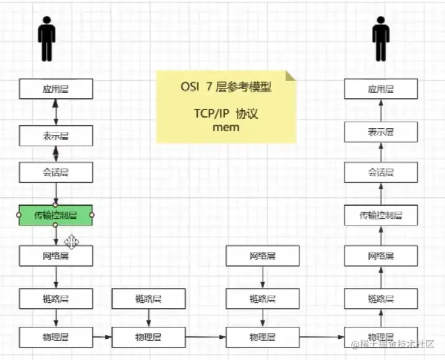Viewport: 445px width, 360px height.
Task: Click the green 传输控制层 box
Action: [x=55, y=215]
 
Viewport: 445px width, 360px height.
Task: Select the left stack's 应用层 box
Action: [x=55, y=89]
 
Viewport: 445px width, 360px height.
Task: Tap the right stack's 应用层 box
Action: [x=381, y=89]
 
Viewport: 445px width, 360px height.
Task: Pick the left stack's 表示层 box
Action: [x=55, y=136]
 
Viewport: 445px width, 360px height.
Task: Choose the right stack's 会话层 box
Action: [x=381, y=173]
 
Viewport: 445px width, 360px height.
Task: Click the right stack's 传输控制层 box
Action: [x=381, y=215]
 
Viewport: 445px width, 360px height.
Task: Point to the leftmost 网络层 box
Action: [x=55, y=256]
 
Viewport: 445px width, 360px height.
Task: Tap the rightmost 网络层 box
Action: [x=381, y=256]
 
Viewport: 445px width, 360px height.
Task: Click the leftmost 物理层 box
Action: [x=55, y=337]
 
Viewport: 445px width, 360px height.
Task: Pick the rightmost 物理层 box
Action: [x=381, y=337]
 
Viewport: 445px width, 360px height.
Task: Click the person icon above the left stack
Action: [x=46, y=39]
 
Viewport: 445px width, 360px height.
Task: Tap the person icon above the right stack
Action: [x=380, y=39]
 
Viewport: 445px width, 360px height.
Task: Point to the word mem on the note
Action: [x=225, y=127]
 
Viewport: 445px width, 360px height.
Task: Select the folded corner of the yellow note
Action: [x=291, y=76]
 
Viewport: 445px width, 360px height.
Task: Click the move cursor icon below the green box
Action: [x=71, y=242]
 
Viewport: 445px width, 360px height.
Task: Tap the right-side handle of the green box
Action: [x=92, y=215]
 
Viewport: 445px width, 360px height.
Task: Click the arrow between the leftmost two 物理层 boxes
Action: [x=102, y=337]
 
